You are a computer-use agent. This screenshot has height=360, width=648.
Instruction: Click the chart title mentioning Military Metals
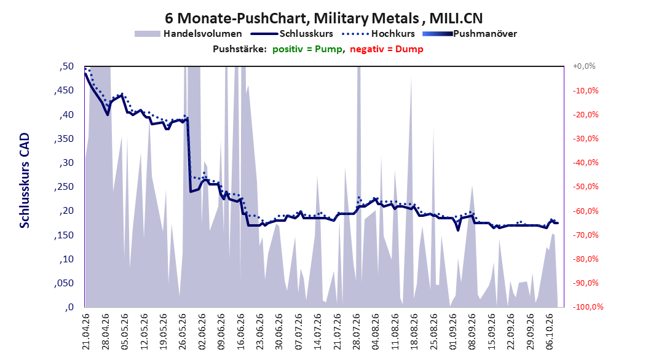click(x=323, y=18)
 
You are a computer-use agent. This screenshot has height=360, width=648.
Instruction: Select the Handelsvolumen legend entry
click(x=188, y=34)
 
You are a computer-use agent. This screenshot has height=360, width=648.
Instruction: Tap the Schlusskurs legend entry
click(x=292, y=34)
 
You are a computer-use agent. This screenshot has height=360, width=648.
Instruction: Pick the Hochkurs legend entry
click(x=378, y=34)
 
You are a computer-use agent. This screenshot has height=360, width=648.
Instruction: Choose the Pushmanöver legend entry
click(x=470, y=34)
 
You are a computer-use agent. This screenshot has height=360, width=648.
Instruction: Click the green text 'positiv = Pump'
click(x=307, y=49)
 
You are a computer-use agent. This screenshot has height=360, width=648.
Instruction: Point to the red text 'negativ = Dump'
click(x=387, y=49)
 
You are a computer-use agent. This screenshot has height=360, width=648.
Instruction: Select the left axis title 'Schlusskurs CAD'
click(x=25, y=181)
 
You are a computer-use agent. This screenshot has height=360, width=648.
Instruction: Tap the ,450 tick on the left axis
click(x=64, y=90)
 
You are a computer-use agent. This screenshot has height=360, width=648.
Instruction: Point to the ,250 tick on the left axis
click(x=64, y=187)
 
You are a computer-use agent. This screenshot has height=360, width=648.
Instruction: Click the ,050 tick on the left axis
click(x=64, y=283)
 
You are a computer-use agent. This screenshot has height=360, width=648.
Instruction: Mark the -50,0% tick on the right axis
click(x=585, y=187)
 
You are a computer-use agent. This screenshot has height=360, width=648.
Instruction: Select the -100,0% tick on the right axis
click(x=588, y=307)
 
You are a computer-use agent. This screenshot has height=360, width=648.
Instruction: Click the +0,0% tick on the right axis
click(x=584, y=66)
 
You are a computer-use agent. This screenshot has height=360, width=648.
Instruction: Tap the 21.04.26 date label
click(x=85, y=332)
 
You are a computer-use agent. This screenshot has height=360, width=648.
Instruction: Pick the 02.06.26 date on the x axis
click(x=202, y=332)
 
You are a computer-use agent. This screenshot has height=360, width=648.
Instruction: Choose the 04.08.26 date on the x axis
click(x=376, y=332)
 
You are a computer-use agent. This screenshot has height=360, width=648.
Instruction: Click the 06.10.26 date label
click(x=550, y=332)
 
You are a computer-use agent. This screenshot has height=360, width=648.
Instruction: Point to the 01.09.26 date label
click(x=453, y=332)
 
